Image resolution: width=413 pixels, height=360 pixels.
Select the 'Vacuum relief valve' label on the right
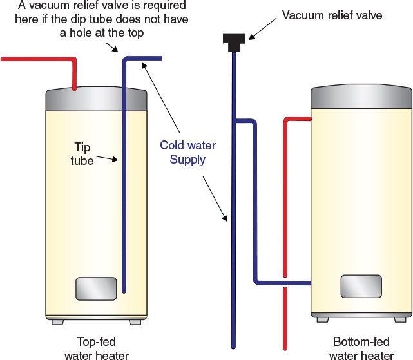click(x=332, y=15)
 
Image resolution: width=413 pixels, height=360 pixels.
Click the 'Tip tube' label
click(x=82, y=154)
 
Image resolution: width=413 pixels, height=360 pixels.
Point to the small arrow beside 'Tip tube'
click(x=108, y=158)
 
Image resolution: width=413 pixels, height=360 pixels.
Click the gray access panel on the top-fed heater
click(x=96, y=289)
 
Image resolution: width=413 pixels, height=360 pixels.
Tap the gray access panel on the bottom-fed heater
click(x=361, y=286)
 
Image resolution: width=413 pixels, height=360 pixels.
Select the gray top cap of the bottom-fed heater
click(x=361, y=97)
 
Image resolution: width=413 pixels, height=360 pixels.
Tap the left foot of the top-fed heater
click(x=56, y=321)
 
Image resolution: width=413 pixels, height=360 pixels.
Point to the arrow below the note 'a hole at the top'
click(x=113, y=46)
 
